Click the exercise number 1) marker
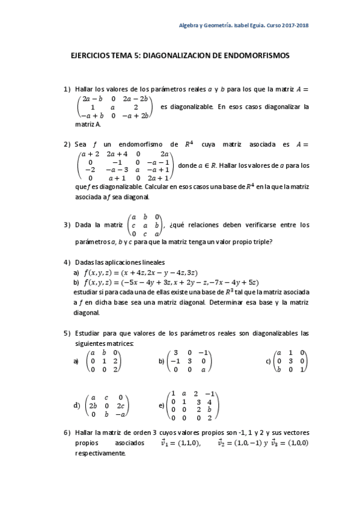pos(67,90)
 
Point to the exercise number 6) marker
pos(67,432)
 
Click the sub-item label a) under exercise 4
pos(76,272)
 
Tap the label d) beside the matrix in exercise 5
pos(76,405)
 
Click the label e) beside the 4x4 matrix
pos(162,405)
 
